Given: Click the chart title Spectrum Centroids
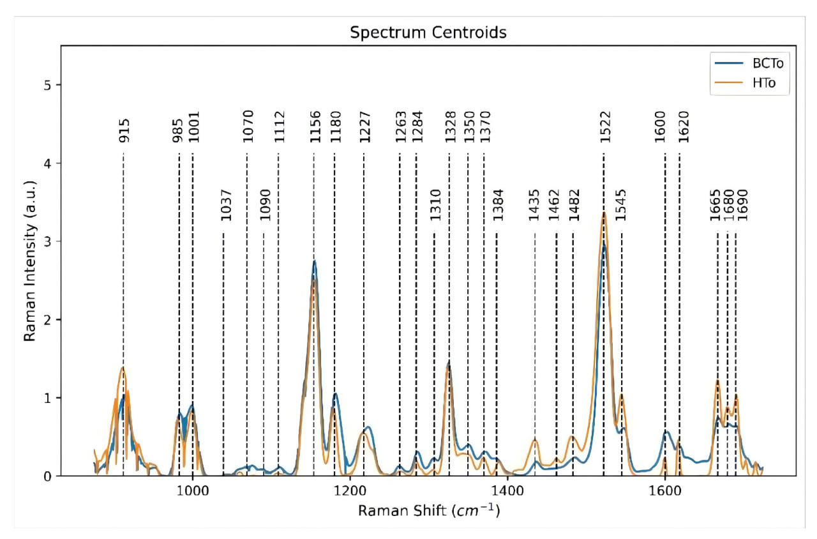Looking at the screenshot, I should (x=428, y=33).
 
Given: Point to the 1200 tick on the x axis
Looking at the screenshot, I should (x=350, y=490).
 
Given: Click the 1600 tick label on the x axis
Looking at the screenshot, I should (x=664, y=490).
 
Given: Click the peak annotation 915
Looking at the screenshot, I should (x=124, y=130).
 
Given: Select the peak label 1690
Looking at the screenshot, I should (x=741, y=205).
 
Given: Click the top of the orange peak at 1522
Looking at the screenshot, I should (x=604, y=213).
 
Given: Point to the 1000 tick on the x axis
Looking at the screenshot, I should (x=192, y=490).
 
